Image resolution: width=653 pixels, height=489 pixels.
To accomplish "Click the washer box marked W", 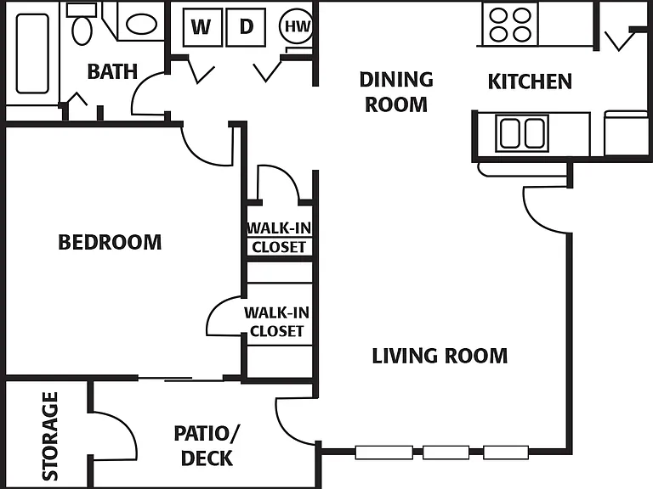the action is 202,27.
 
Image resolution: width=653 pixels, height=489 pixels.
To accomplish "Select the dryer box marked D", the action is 246,27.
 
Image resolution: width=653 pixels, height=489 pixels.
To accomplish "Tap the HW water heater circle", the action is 297,26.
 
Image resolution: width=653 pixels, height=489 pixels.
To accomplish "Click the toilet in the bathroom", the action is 82,24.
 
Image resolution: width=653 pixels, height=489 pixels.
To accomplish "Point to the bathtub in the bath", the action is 32,53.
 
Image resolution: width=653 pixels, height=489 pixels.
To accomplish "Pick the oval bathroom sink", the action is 141,24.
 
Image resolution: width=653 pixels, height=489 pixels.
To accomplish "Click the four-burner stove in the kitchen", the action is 510,25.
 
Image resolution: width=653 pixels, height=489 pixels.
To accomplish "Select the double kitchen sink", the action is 522,133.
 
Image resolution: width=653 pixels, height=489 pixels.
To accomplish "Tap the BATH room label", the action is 112,71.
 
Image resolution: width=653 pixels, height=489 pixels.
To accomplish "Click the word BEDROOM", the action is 110,242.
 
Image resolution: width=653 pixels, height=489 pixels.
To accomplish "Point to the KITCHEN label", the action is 530,81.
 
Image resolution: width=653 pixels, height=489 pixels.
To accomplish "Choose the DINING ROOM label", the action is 396,92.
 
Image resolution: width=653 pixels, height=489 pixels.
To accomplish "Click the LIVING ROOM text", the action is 440,356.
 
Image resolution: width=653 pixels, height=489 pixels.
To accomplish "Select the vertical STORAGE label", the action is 50,436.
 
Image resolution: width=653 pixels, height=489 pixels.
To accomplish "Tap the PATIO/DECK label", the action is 207,446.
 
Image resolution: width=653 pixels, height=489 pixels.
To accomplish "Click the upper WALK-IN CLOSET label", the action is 279,238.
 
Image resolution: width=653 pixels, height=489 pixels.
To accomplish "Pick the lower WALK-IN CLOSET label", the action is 277,322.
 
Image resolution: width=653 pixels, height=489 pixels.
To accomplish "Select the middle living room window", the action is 446,452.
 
